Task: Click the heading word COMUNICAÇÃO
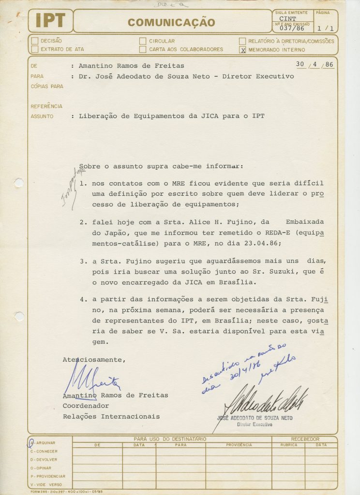[171, 22]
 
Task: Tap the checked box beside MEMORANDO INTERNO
[243, 49]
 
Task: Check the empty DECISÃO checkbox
[34, 41]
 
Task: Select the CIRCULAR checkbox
[143, 41]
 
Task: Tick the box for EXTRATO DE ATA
[34, 49]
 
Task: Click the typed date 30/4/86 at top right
[315, 64]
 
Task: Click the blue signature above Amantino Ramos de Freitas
[92, 381]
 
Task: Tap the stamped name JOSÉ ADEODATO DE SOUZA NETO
[255, 418]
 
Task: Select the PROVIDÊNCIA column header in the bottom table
[239, 445]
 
